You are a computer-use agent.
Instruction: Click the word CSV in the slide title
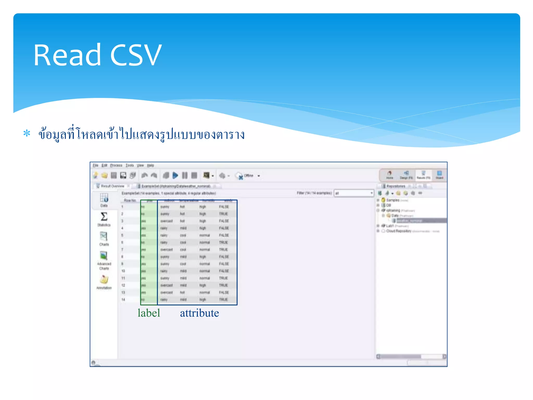click(136, 55)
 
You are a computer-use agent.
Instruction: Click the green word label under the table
click(149, 313)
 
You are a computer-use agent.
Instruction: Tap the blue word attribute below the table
click(199, 313)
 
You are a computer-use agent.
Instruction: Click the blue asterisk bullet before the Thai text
click(27, 134)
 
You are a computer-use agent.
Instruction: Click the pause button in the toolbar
click(185, 176)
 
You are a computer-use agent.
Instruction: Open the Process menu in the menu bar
click(116, 165)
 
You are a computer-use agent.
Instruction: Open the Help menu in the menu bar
click(150, 165)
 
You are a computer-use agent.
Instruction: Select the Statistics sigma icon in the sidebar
click(104, 217)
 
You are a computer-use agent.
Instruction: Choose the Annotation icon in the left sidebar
click(104, 280)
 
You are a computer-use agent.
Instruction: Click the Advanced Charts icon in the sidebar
click(104, 256)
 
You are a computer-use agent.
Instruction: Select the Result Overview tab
click(112, 186)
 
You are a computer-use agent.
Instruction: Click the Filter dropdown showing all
click(354, 193)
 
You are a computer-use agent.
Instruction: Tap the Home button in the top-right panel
click(390, 175)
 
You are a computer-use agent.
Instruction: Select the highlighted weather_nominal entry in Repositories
click(409, 221)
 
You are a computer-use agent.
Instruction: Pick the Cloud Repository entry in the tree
click(398, 231)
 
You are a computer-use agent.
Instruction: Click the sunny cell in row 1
click(165, 207)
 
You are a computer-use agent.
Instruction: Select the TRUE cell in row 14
click(223, 299)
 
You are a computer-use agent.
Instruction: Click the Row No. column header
click(130, 201)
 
